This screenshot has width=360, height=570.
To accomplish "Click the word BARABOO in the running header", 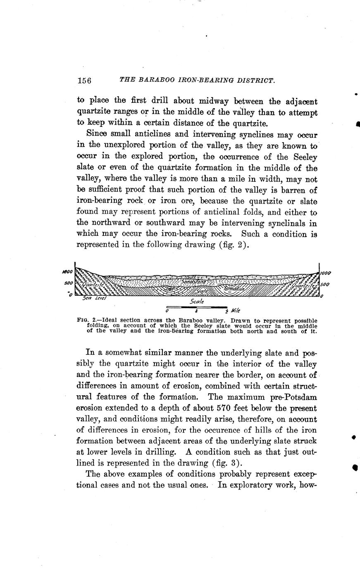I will coord(155,80).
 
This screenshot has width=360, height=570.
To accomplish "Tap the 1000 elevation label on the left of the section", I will coord(67,272).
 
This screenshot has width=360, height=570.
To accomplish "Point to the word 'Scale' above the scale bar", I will coord(196,302).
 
